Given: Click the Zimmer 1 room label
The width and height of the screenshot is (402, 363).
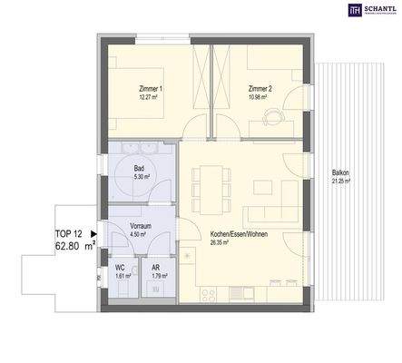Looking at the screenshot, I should coord(152,89).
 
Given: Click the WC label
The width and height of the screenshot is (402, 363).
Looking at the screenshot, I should coord(119,268).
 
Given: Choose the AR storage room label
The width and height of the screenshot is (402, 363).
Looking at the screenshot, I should coord(155,268).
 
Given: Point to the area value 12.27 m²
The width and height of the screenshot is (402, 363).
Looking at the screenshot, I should coord(151,97).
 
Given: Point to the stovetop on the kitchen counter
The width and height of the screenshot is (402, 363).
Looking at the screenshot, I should coord(206,293).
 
